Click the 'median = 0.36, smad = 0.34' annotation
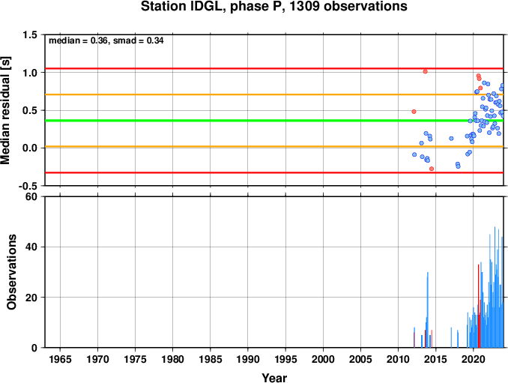(x=106, y=40)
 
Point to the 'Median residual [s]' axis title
(x=5, y=110)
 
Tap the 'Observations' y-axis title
(x=12, y=272)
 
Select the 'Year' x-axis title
(x=274, y=378)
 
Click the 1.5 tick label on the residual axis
(x=29, y=34)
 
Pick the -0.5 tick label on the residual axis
(x=28, y=186)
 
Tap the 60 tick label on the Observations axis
(x=31, y=196)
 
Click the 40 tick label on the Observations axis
(x=31, y=247)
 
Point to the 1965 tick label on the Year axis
(x=60, y=359)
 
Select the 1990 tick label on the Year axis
(x=248, y=359)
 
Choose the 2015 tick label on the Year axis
(x=436, y=359)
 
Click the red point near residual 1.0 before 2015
(x=425, y=72)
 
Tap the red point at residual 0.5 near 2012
(x=414, y=112)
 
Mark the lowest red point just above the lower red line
(x=432, y=169)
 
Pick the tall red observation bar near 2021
(x=479, y=306)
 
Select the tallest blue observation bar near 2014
(x=428, y=310)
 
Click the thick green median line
(x=274, y=121)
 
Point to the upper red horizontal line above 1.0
(x=274, y=68)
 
